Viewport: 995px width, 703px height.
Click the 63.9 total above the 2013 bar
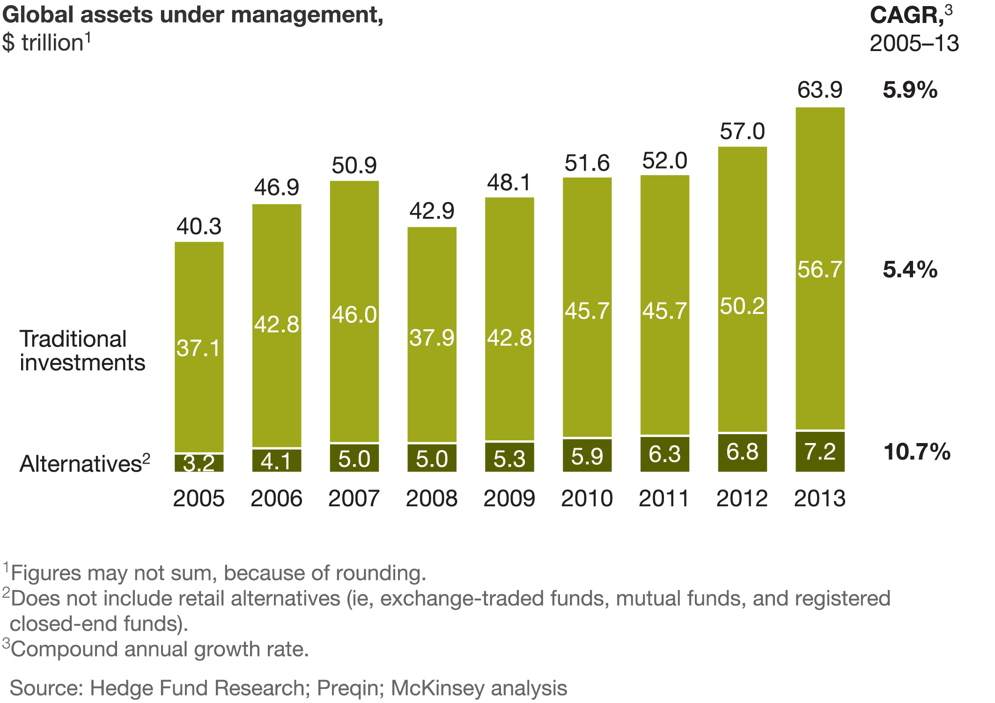click(x=819, y=90)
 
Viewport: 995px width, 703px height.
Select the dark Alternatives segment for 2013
click(x=820, y=451)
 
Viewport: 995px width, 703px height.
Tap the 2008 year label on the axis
click(x=431, y=498)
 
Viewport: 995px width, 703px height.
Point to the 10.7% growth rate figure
click(x=917, y=452)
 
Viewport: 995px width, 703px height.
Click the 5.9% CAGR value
click(x=910, y=90)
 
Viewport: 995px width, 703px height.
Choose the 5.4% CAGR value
click(x=910, y=270)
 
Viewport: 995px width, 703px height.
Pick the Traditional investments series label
click(x=82, y=350)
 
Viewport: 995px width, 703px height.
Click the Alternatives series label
click(x=81, y=464)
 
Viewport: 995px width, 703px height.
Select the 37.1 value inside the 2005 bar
click(x=199, y=348)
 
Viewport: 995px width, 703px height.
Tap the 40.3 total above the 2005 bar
click(x=199, y=226)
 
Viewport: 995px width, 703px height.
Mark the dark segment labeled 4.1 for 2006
click(x=276, y=460)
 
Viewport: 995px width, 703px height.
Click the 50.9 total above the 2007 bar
click(x=354, y=165)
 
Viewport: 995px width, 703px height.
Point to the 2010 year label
click(x=587, y=498)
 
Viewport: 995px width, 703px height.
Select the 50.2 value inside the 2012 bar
click(x=742, y=306)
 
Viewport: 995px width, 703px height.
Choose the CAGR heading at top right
click(x=907, y=15)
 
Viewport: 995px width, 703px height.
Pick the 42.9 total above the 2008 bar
click(x=431, y=211)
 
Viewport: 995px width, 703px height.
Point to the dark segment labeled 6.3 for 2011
click(x=664, y=454)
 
